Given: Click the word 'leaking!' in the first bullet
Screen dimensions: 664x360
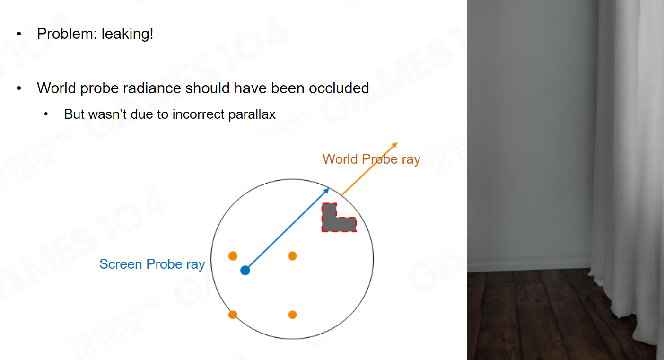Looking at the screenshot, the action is tap(127, 34).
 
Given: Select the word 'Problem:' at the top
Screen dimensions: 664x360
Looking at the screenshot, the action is tap(67, 34).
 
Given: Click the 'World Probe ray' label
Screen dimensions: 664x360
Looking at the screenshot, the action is tap(371, 159).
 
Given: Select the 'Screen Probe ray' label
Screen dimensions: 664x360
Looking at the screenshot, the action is tap(152, 264).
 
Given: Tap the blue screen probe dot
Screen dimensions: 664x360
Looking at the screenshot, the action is tap(245, 271).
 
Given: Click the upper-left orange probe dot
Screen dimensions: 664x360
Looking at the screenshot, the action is tap(233, 255).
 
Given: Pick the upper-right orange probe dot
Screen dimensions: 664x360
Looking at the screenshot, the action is tap(293, 255).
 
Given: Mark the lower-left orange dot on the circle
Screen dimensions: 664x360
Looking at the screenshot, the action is tap(233, 315).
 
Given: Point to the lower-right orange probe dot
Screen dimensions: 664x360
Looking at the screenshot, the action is tap(293, 315).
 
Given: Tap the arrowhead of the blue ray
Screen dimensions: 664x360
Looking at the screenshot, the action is tap(326, 191).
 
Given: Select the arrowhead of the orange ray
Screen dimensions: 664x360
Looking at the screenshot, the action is tap(394, 145).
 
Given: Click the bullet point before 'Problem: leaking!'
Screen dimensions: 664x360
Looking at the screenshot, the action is tap(19, 34).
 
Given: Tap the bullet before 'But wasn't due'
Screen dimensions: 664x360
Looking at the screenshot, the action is tap(46, 114).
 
